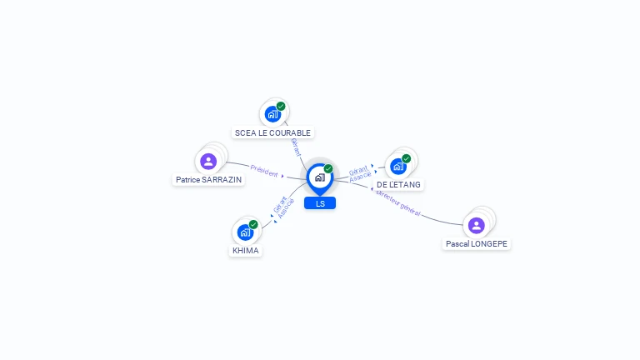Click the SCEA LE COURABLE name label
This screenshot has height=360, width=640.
[x=272, y=133]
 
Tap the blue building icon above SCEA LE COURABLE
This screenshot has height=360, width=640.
[x=272, y=114]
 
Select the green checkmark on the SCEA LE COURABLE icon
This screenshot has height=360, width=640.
[x=281, y=106]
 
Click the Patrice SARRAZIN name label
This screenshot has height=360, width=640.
[x=208, y=180]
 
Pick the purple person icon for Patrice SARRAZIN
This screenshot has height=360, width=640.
[x=208, y=161]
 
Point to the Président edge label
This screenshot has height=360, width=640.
[x=264, y=171]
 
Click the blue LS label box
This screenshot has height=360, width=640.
[x=320, y=203]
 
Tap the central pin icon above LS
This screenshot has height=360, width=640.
[x=320, y=179]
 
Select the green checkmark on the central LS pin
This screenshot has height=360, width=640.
[x=328, y=168]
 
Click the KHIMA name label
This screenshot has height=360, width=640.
[x=246, y=251]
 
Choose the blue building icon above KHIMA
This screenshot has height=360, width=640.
[x=245, y=232]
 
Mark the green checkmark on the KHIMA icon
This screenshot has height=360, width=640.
[x=253, y=224]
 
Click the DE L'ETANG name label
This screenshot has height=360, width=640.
[x=398, y=185]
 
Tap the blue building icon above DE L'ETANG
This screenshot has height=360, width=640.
[x=398, y=167]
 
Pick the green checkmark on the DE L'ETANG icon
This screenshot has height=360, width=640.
[x=406, y=158]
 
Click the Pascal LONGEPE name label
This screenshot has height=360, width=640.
[x=477, y=244]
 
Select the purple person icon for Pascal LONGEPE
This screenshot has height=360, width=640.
[x=477, y=225]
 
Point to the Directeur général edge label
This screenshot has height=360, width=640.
[x=398, y=202]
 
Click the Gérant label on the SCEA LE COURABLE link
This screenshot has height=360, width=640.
[x=296, y=147]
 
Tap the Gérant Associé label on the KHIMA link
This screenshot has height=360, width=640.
[x=283, y=207]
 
